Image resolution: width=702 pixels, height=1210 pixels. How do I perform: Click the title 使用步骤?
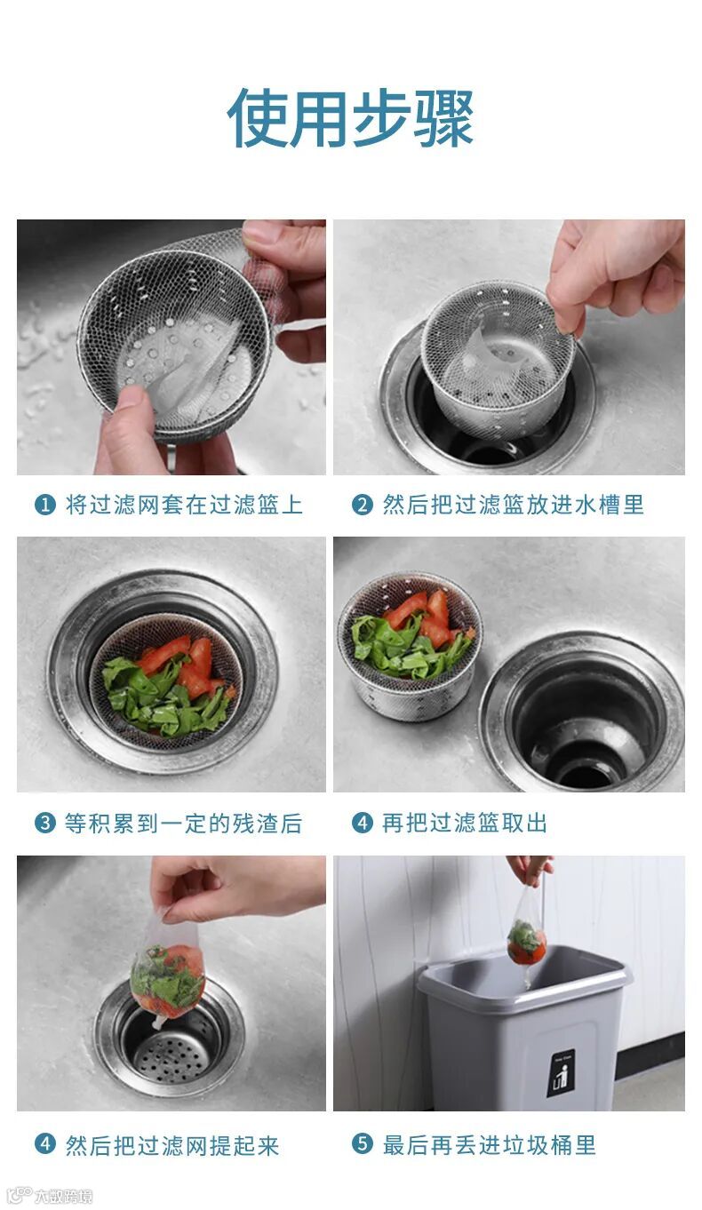(x=350, y=118)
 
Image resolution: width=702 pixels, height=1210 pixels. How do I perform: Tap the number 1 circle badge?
(x=44, y=505)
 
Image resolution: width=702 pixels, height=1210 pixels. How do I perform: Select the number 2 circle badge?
(x=362, y=505)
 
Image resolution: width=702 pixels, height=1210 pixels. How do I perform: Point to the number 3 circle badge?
(x=44, y=824)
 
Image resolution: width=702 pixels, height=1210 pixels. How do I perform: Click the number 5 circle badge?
(x=362, y=1143)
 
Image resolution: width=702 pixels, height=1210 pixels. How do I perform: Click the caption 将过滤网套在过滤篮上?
(x=184, y=505)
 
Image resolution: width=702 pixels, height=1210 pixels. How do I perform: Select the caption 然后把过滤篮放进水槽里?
(x=514, y=505)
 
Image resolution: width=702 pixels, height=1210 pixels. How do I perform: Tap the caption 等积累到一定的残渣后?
(x=183, y=824)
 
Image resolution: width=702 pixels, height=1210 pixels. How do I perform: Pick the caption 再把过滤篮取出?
(x=465, y=824)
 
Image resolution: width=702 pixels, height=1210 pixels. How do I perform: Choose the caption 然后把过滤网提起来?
(x=172, y=1143)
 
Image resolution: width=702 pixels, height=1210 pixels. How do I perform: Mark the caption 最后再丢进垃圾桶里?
(x=489, y=1143)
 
